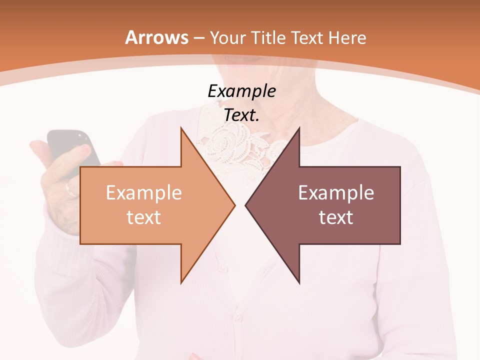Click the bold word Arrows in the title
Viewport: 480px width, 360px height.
point(157,37)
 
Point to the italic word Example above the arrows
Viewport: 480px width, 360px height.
point(241,91)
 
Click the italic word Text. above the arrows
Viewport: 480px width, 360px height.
point(241,115)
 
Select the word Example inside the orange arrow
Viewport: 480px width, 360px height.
point(143,193)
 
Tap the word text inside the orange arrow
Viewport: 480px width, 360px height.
point(143,217)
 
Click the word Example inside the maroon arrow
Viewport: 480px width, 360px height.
point(336,193)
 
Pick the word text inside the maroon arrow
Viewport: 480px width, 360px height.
point(336,217)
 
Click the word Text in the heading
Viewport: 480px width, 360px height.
point(305,37)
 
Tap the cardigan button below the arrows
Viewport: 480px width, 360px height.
point(239,317)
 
